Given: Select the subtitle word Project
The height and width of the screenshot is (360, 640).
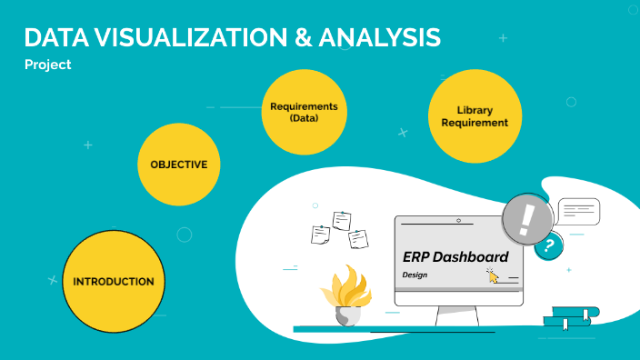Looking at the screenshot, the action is coord(47,65).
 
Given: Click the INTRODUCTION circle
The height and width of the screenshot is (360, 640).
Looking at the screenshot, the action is coord(113,282).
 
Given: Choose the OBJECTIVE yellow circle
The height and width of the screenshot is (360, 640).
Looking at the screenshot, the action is coord(179,165).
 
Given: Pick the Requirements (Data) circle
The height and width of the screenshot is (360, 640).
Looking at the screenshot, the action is coord(304,112).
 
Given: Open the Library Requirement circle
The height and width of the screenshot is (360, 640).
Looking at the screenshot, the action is coord(475,116).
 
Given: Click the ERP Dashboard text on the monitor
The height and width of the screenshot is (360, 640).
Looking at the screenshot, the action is coord(455,257).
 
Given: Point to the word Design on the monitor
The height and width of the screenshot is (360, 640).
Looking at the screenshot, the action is coord(415,275).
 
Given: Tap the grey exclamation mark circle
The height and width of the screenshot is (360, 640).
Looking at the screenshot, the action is coord(526,220).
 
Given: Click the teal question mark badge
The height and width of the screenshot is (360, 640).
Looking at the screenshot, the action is coord(548,245).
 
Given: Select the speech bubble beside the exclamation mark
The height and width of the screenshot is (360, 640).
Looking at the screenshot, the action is coord(579,212).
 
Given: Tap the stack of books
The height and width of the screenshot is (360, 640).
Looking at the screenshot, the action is coord(570,316).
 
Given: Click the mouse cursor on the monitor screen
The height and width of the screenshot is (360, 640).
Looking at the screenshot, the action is coord(492,275).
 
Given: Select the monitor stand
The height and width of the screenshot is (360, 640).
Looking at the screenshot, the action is coord(457,315).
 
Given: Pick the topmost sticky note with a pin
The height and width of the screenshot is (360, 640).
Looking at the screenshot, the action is coord(342,220).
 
